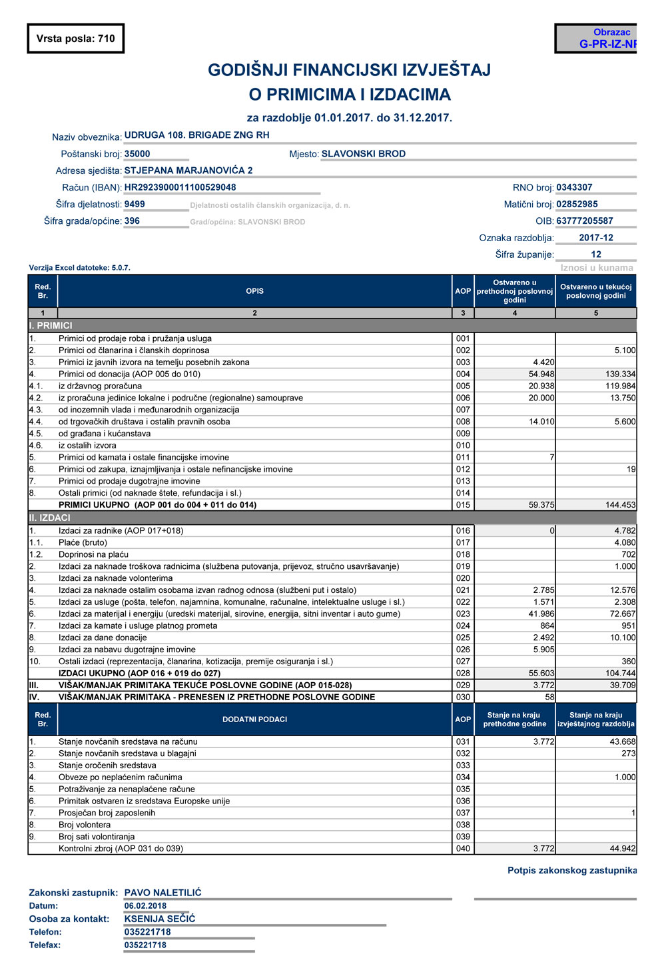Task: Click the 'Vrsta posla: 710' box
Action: click(x=75, y=39)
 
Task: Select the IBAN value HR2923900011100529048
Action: click(x=180, y=187)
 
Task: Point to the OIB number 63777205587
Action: click(x=584, y=221)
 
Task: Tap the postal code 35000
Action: click(x=137, y=153)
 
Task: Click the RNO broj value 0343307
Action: click(x=574, y=187)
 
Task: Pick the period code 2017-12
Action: click(x=595, y=237)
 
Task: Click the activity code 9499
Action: click(x=135, y=204)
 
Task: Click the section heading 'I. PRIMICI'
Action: click(x=51, y=326)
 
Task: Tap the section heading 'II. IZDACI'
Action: click(x=49, y=518)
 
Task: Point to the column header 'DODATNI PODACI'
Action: click(x=254, y=720)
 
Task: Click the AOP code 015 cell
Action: click(x=463, y=505)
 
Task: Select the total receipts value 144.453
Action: click(x=620, y=505)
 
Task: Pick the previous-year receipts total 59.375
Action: click(x=541, y=505)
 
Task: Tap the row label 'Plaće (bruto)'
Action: click(x=83, y=542)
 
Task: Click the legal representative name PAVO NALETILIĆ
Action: click(x=163, y=893)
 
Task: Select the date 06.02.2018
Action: click(x=145, y=906)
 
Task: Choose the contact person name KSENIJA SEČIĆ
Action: click(x=160, y=919)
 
